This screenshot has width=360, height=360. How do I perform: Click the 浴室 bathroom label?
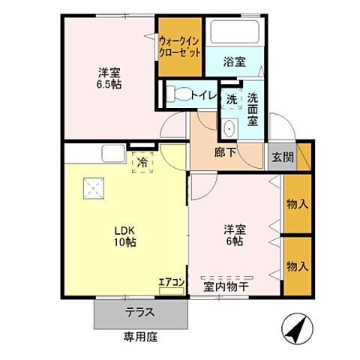click(x=234, y=63)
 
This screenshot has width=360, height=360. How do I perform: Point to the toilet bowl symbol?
click(x=178, y=94)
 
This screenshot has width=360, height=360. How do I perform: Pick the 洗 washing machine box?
click(x=232, y=99)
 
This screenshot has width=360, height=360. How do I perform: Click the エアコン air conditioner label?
click(x=171, y=282)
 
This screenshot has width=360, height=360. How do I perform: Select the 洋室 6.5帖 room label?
click(x=109, y=79)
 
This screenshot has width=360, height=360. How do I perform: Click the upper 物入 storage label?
click(x=298, y=203)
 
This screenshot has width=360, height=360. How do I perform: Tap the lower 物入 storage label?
click(x=298, y=266)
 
